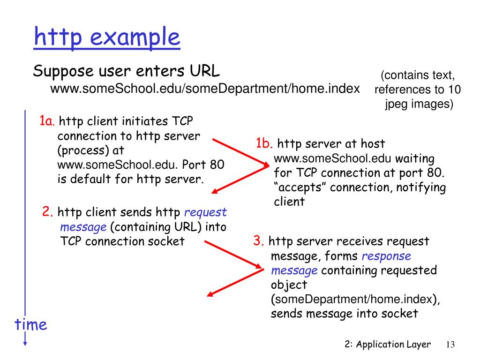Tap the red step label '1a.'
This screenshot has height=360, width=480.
[x=47, y=121]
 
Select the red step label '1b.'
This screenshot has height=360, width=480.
[x=264, y=143]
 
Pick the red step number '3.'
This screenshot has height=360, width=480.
[x=259, y=241]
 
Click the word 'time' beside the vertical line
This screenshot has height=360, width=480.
[x=31, y=324]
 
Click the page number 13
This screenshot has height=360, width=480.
[x=450, y=345]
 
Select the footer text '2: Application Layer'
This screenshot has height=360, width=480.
[x=387, y=345]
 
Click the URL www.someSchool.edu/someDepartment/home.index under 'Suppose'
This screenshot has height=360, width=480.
[x=205, y=89]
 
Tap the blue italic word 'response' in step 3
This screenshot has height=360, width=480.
[x=386, y=256]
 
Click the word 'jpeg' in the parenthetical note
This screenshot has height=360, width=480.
[x=397, y=104]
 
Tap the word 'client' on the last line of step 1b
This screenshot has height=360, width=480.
[x=289, y=202]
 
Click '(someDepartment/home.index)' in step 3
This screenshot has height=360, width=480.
[x=355, y=300]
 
